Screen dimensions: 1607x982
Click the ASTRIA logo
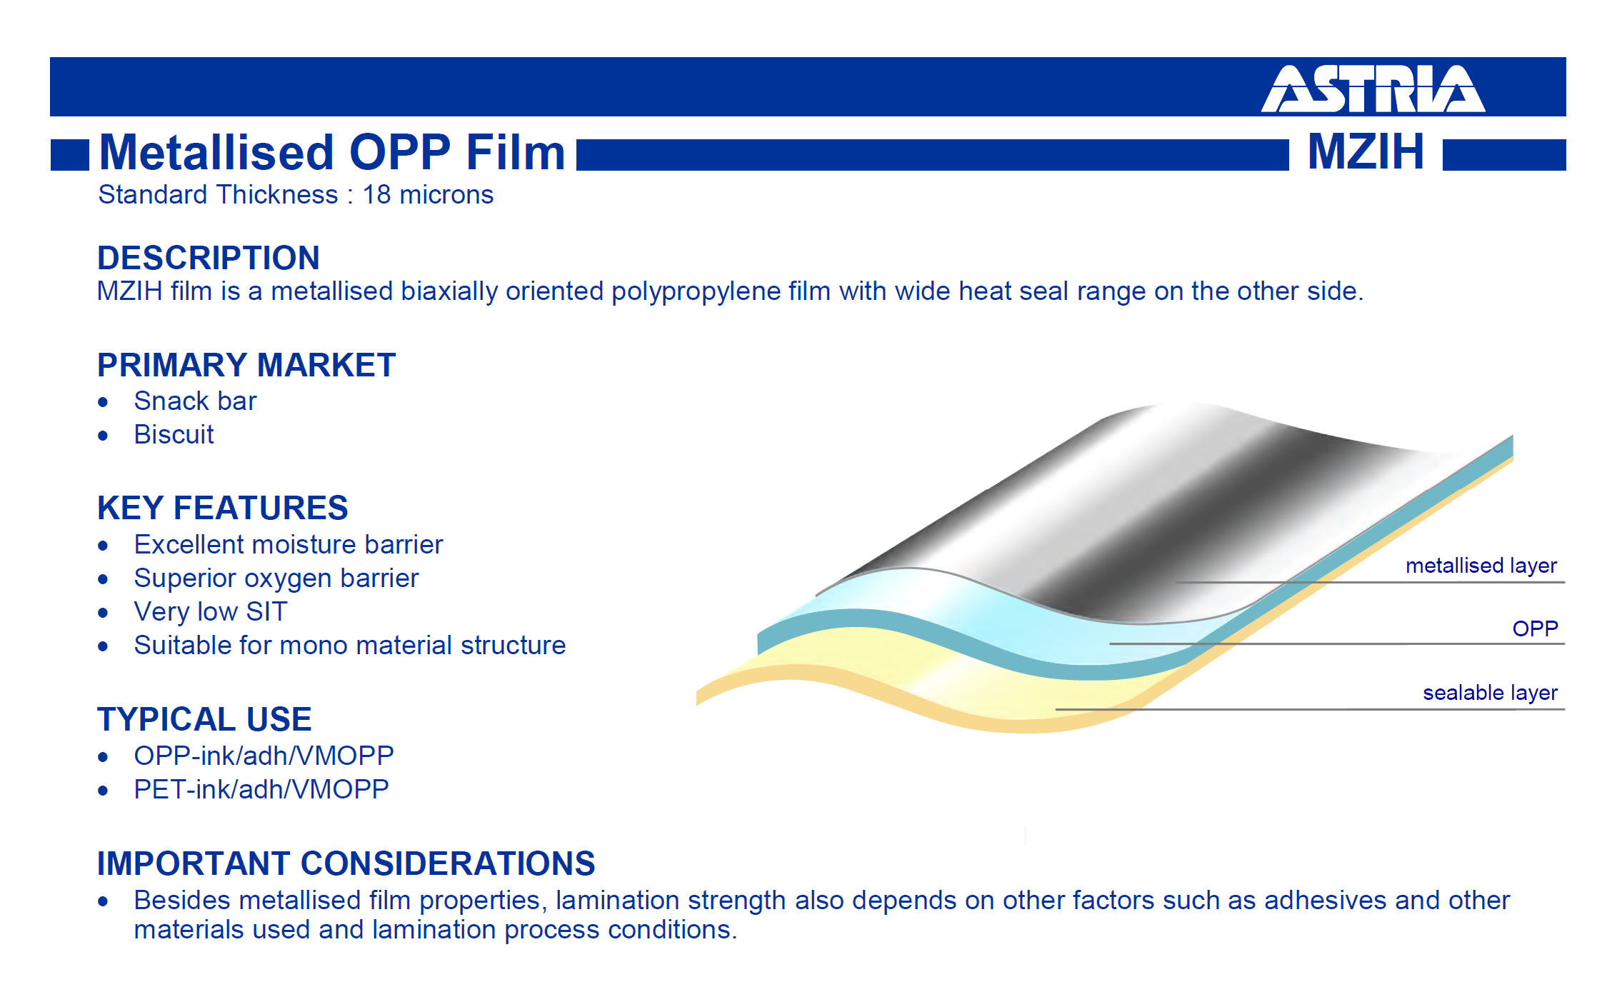click(x=1373, y=89)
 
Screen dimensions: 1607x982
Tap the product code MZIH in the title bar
click(x=1366, y=151)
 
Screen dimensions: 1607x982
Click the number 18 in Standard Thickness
click(x=376, y=194)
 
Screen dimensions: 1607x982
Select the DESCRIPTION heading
click(x=209, y=258)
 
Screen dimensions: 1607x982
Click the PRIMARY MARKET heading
click(x=246, y=365)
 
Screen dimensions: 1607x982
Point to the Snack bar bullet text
click(x=195, y=401)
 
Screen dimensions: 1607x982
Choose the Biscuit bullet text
click(x=174, y=434)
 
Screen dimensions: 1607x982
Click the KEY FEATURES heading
click(x=223, y=508)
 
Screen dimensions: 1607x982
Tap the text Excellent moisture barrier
click(x=289, y=544)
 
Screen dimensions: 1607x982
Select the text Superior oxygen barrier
click(x=276, y=578)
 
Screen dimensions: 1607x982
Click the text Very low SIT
click(x=211, y=611)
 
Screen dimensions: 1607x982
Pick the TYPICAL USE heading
click(x=204, y=719)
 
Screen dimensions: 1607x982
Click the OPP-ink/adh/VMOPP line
click(x=264, y=755)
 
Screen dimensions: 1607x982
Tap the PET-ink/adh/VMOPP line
click(x=261, y=788)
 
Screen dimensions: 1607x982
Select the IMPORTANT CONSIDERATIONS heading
click(x=346, y=863)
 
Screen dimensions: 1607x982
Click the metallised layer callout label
click(x=1481, y=566)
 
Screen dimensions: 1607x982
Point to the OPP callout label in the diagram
click(x=1535, y=628)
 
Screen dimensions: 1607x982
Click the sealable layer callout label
click(x=1490, y=693)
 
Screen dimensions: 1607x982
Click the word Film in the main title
click(x=515, y=152)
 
